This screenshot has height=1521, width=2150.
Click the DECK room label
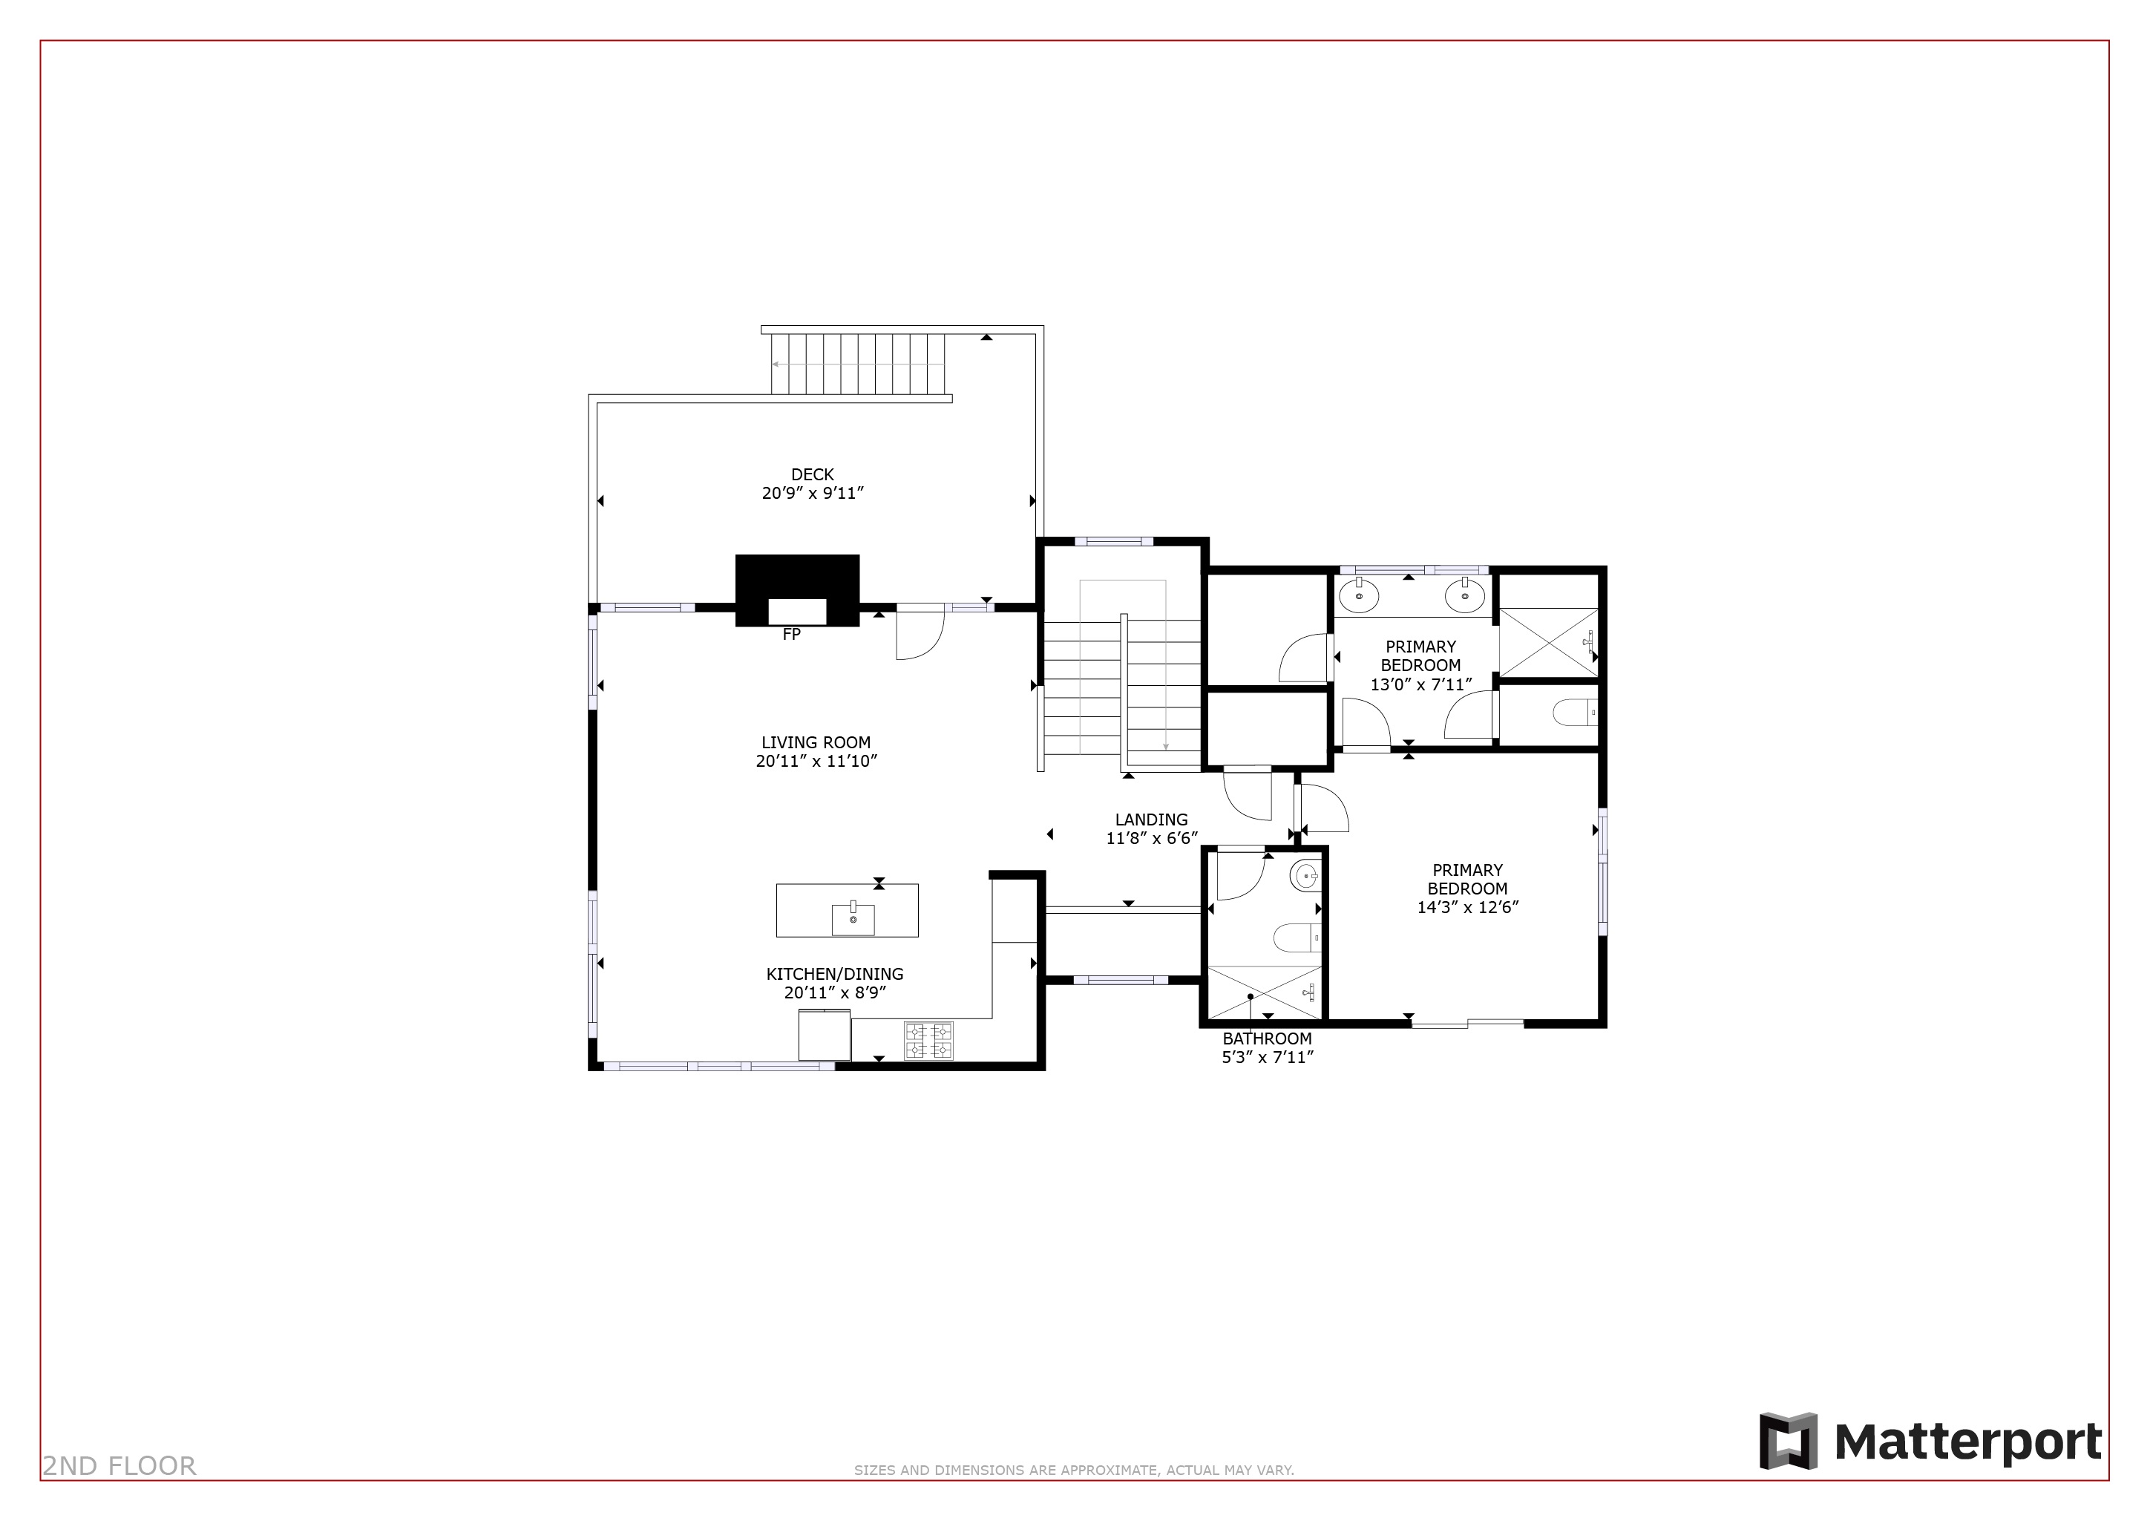[812, 475]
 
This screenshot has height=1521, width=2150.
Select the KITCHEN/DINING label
[834, 974]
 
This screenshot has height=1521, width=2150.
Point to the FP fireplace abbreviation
[791, 635]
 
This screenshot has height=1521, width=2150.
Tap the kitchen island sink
[853, 919]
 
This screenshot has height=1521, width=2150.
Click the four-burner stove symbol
[927, 1041]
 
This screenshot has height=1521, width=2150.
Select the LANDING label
[1151, 820]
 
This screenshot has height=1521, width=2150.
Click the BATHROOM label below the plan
[1267, 1038]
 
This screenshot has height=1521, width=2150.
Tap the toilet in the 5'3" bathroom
[1297, 937]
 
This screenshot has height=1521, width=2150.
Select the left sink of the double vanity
[1358, 594]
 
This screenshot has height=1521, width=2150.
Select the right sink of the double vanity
[1464, 594]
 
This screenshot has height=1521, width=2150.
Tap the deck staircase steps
[858, 364]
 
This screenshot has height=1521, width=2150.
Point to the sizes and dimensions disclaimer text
[1073, 1470]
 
